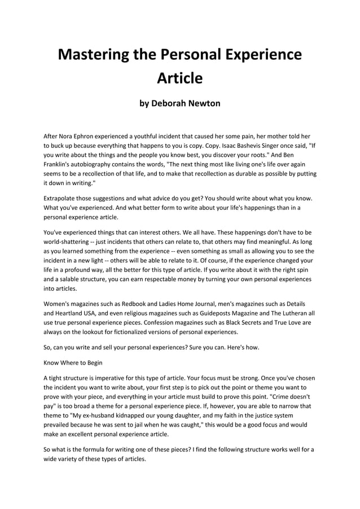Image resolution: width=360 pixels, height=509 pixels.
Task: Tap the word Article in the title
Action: click(x=179, y=78)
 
